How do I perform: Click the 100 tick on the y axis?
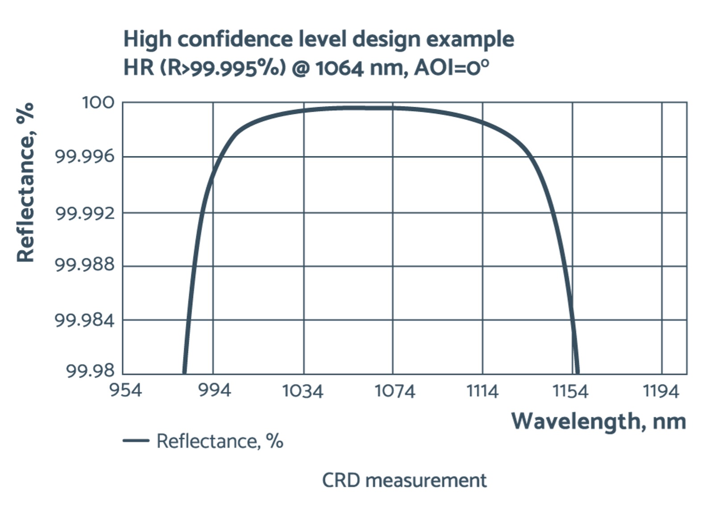pyautogui.click(x=98, y=103)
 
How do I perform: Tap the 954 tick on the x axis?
pyautogui.click(x=126, y=390)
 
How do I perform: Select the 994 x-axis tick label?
pyautogui.click(x=215, y=390)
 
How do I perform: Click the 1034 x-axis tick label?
pyautogui.click(x=303, y=391)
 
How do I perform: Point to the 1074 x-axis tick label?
pyautogui.click(x=395, y=391)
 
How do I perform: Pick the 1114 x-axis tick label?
pyautogui.click(x=482, y=391)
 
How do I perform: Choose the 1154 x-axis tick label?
pyautogui.click(x=571, y=391)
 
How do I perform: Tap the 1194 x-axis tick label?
pyautogui.click(x=661, y=391)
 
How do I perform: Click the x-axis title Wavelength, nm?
pyautogui.click(x=598, y=421)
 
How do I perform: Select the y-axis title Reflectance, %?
pyautogui.click(x=25, y=183)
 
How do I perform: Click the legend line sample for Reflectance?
pyautogui.click(x=136, y=441)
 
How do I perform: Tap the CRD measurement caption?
pyautogui.click(x=404, y=480)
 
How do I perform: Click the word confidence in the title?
pyautogui.click(x=236, y=39)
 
